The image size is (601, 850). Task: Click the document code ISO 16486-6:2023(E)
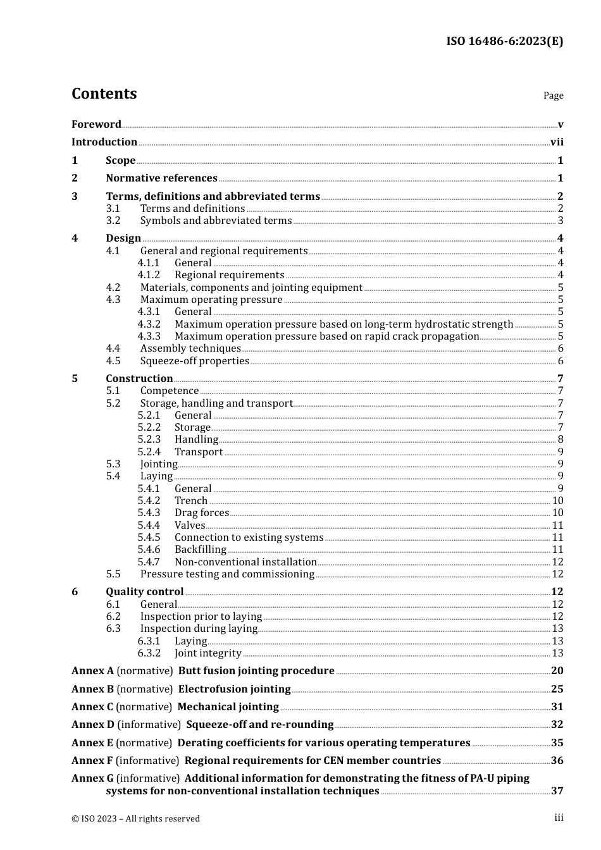[x=504, y=41]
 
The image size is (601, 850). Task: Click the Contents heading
[x=104, y=94]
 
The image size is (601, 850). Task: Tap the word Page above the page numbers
[x=553, y=95]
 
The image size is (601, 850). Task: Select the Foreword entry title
[x=96, y=124]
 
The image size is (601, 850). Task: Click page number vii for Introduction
[x=557, y=142]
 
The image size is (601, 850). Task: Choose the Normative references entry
[x=161, y=178]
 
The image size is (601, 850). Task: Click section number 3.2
[x=113, y=221]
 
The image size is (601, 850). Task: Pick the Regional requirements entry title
[x=229, y=275]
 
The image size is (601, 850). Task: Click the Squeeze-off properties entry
[x=194, y=361]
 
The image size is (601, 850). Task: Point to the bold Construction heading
[x=139, y=379]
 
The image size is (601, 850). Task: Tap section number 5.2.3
[x=149, y=440]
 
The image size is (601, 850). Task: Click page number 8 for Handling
[x=561, y=440]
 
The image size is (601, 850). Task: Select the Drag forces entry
[x=201, y=513]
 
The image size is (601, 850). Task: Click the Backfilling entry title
[x=200, y=550]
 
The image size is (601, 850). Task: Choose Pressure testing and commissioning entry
[x=227, y=574]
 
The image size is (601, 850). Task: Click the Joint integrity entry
[x=208, y=653]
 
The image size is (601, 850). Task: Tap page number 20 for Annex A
[x=557, y=671]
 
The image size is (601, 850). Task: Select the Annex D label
[x=93, y=725]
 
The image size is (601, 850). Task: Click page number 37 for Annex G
[x=557, y=791]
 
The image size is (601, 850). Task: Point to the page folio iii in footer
[x=559, y=818]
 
